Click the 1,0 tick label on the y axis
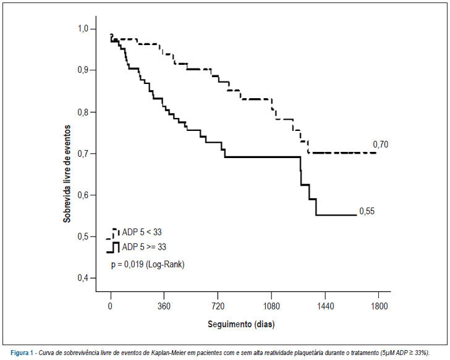tap(83, 29)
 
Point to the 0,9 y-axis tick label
tap(83, 70)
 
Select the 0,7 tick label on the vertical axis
tap(83, 154)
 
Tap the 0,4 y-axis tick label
tap(83, 278)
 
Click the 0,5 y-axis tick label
tap(83, 237)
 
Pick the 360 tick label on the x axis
tap(164, 306)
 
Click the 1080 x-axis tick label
tap(271, 306)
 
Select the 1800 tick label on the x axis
tap(379, 306)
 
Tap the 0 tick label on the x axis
tap(110, 306)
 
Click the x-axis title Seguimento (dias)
tap(241, 324)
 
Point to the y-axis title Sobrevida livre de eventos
tap(67, 174)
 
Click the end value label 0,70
tap(381, 144)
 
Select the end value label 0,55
tap(367, 211)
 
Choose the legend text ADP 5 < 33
tap(142, 232)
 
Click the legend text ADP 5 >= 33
tap(144, 247)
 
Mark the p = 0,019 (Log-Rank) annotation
tap(148, 264)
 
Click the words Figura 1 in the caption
tap(22, 353)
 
